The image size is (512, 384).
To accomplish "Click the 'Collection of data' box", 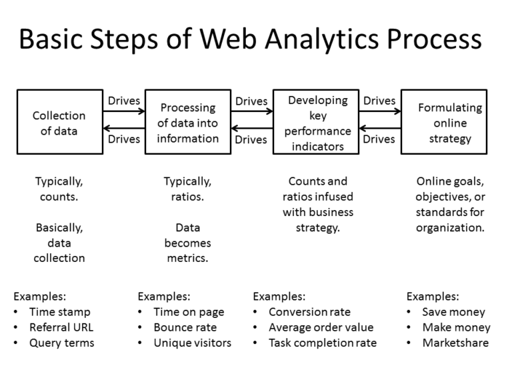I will point(59,123).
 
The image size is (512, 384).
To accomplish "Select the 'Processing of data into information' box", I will point(188,123).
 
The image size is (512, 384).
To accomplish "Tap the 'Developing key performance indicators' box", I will point(317,123).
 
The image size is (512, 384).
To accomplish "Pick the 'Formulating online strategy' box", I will point(443,123).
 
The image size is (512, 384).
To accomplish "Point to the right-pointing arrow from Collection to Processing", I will point(124,112).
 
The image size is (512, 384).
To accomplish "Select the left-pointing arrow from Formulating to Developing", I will point(380,128).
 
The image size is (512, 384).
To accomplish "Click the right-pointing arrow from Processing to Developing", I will point(252,112).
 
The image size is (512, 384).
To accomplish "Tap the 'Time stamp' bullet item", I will point(59,312).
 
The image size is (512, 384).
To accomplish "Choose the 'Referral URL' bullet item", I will point(61,327).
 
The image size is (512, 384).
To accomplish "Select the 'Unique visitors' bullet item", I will point(192,343).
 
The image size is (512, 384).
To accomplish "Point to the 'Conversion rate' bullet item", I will point(309,312).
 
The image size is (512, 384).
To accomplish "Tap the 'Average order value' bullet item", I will point(321,327).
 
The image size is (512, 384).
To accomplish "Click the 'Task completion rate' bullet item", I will point(323,343).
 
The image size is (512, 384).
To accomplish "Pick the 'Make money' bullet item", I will point(456,327).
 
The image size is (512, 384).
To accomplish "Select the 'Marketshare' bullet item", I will point(455,343).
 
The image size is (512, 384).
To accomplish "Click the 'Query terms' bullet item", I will point(61,343).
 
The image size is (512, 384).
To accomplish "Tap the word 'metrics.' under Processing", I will point(188,258).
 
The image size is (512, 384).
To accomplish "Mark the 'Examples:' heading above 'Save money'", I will point(433,297).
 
